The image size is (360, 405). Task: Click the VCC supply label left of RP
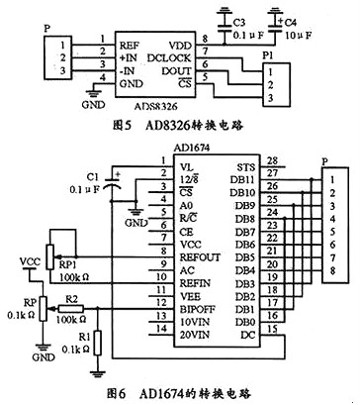(31, 263)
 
